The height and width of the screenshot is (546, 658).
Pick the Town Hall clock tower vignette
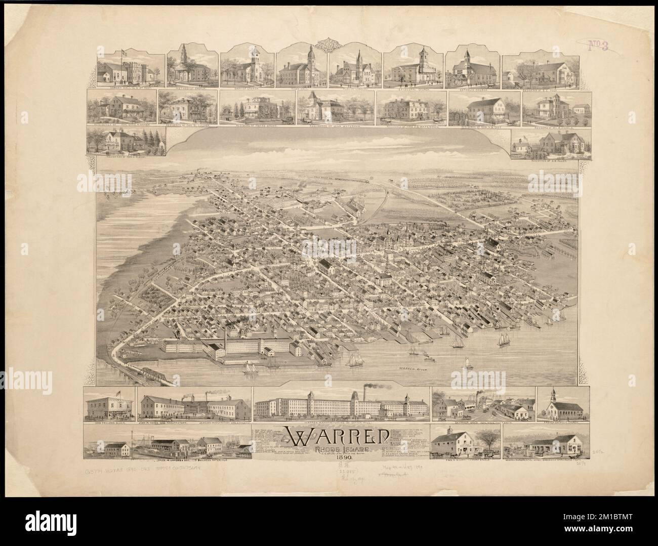pos(310,56)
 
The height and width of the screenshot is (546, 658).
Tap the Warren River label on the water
pos(413,370)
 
